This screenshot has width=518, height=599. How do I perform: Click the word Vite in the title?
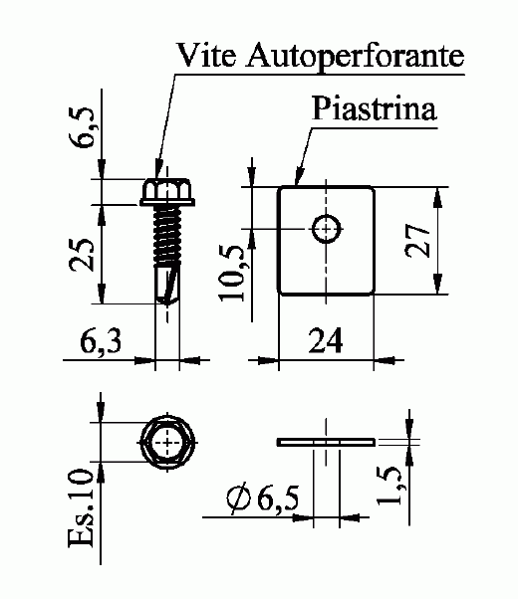pyautogui.click(x=206, y=55)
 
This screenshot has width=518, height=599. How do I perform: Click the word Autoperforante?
pyautogui.click(x=356, y=58)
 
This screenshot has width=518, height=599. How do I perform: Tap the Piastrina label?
pyautogui.click(x=374, y=108)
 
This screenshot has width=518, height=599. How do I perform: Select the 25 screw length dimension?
pyautogui.click(x=82, y=255)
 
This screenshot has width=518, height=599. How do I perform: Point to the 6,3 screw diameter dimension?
pyautogui.click(x=101, y=341)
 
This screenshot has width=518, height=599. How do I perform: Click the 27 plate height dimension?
pyautogui.click(x=417, y=241)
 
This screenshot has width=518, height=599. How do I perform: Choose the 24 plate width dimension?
pyautogui.click(x=325, y=340)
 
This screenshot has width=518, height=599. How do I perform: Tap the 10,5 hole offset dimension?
pyautogui.click(x=231, y=273)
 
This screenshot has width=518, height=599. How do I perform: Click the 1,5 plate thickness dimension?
pyautogui.click(x=389, y=486)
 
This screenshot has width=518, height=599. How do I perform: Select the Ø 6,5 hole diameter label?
pyautogui.click(x=262, y=499)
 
